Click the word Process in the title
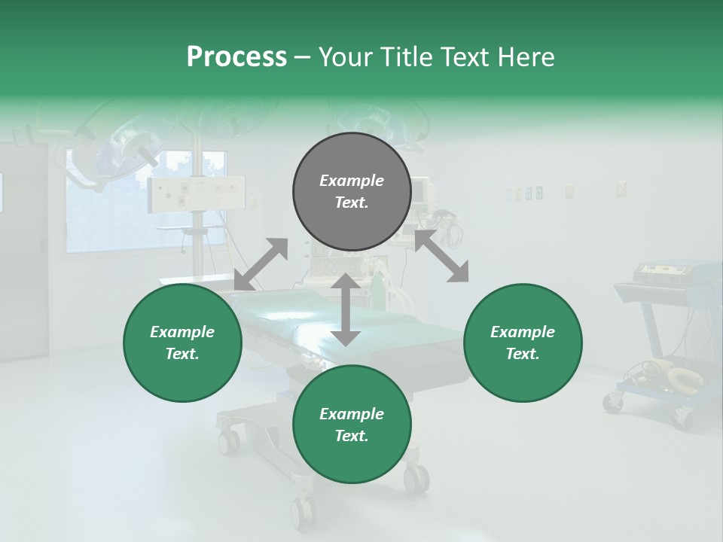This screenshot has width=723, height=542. point(236,57)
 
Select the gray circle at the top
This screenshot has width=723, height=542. point(352,192)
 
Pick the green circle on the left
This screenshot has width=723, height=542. point(182,343)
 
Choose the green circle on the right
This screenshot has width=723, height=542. point(523,343)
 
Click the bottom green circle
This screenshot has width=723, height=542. point(352,425)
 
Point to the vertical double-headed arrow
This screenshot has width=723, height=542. point(346,309)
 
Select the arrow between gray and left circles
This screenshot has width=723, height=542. point(261,264)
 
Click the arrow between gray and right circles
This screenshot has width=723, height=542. point(441,257)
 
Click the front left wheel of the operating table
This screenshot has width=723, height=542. point(228,440)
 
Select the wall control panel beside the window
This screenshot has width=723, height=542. point(197,194)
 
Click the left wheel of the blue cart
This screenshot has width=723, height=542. point(613,403)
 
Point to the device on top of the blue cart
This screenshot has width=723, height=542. point(667,271)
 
